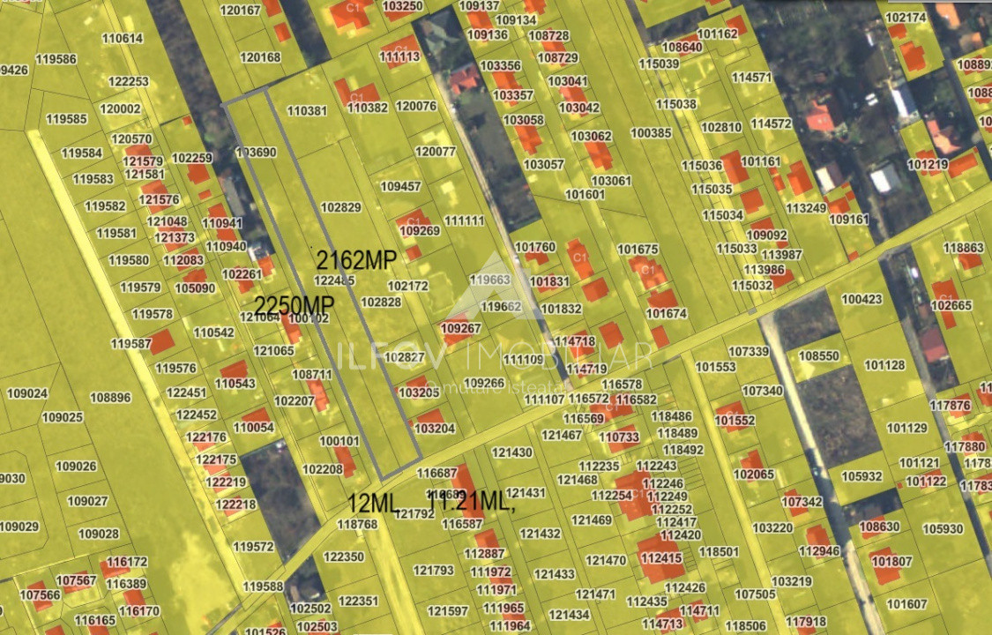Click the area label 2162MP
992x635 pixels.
point(357,260)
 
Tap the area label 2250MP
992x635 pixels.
point(295,304)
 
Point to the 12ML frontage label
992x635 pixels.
point(373,504)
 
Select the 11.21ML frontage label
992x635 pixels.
point(470,500)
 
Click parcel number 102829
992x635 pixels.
point(341,208)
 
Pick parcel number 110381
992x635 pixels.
point(308,111)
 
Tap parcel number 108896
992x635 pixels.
point(110,398)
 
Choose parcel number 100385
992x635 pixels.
point(652,133)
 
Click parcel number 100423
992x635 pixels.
point(861,300)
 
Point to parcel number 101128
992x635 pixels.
point(884,365)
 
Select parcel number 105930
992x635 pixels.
point(943,529)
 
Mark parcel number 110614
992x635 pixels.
point(123,39)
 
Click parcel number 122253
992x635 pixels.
point(129,81)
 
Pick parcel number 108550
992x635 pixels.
point(819,356)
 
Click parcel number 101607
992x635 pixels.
point(907,604)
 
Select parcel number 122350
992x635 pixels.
point(344,557)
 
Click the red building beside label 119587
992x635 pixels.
point(162,341)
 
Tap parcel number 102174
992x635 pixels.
point(906,18)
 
